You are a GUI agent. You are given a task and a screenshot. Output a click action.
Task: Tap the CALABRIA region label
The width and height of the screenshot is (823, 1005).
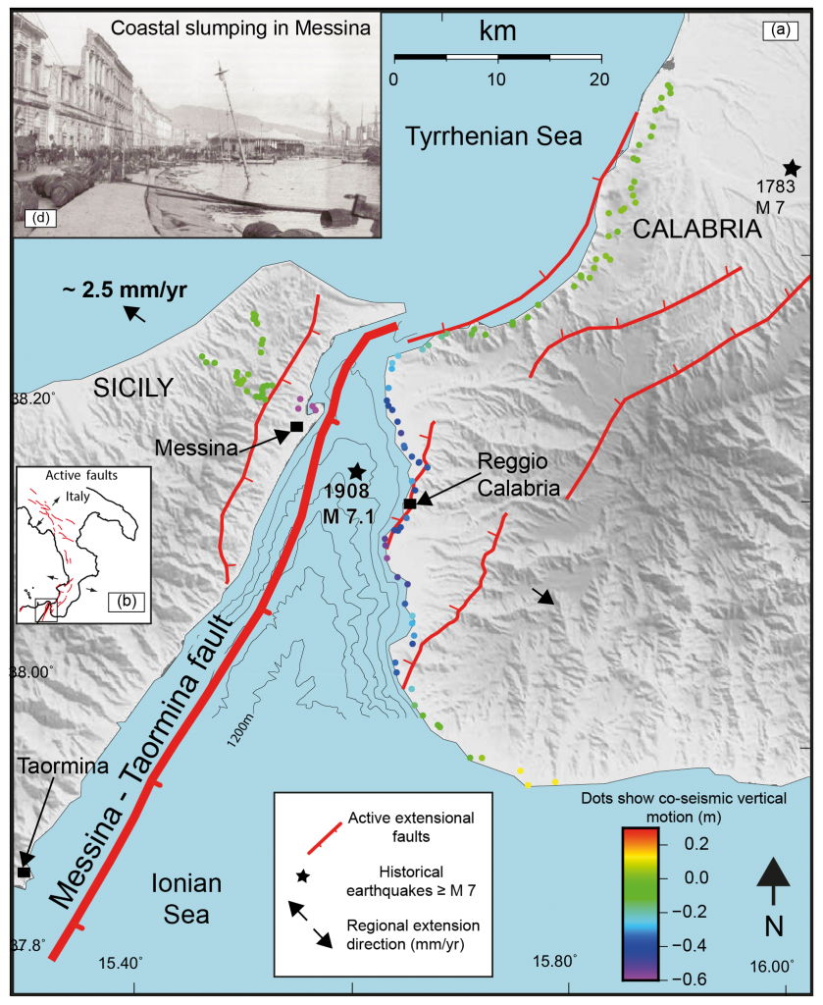[x=696, y=230]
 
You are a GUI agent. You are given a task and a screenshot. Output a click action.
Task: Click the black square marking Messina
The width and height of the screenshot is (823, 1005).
[x=295, y=427]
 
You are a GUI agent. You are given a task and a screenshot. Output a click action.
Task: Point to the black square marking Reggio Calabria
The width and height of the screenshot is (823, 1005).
[x=410, y=504]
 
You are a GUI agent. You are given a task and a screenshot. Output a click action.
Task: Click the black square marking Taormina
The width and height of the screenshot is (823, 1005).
[x=23, y=872]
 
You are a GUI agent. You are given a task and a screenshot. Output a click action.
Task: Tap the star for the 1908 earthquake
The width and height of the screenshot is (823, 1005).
[x=356, y=471]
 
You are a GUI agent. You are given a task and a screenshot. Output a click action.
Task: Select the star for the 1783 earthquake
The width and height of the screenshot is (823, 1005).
[x=792, y=168]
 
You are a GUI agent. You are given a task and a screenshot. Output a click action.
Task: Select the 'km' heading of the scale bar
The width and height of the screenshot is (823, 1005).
[x=496, y=32]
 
